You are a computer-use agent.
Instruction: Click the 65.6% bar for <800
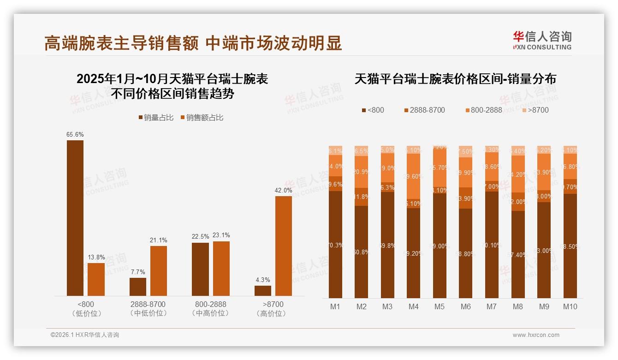point(75,218)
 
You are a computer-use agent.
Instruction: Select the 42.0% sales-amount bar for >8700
point(284,246)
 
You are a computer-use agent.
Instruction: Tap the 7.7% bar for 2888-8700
point(138,287)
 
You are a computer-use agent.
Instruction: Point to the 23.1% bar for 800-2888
point(221,269)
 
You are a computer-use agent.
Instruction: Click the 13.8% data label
point(96,257)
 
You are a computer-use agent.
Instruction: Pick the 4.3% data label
point(263,280)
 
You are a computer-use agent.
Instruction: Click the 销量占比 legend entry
point(156,118)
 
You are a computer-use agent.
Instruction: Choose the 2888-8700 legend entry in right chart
point(424,110)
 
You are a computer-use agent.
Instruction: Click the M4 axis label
point(413,306)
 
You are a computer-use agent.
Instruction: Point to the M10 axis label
point(570,306)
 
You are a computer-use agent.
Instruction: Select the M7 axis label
point(492,306)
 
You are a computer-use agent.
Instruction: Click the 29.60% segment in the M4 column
point(414,176)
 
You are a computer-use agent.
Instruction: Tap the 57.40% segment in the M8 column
point(518,254)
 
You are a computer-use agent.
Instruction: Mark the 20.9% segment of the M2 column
point(362,172)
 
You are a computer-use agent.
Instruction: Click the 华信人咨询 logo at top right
point(542,40)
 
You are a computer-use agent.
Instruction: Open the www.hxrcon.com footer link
point(536,335)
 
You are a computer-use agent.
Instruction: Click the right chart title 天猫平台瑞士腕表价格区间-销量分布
point(455,79)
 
